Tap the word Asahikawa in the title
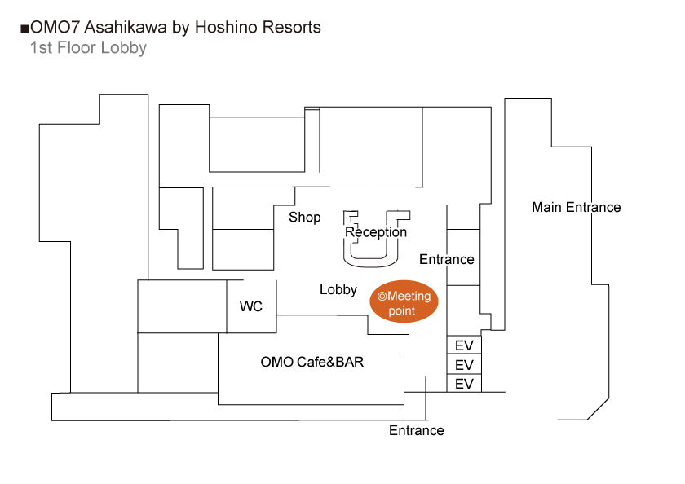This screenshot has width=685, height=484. tap(126, 28)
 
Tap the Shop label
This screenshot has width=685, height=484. tap(305, 218)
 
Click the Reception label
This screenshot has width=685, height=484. tap(376, 232)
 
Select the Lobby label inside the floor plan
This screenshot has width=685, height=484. tap(338, 289)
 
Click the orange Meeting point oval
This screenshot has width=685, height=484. tap(404, 302)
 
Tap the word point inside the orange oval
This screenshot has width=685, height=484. tap(401, 310)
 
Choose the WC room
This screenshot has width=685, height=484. tap(251, 306)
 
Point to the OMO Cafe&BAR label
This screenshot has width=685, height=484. tap(312, 363)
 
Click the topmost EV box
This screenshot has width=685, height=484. tap(464, 345)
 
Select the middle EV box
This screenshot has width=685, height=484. tap(464, 364)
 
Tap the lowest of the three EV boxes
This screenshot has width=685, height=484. tap(464, 383)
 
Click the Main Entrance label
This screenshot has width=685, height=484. tap(576, 207)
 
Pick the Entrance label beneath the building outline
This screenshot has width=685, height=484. tap(417, 430)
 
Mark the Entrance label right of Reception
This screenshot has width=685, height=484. tap(446, 259)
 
